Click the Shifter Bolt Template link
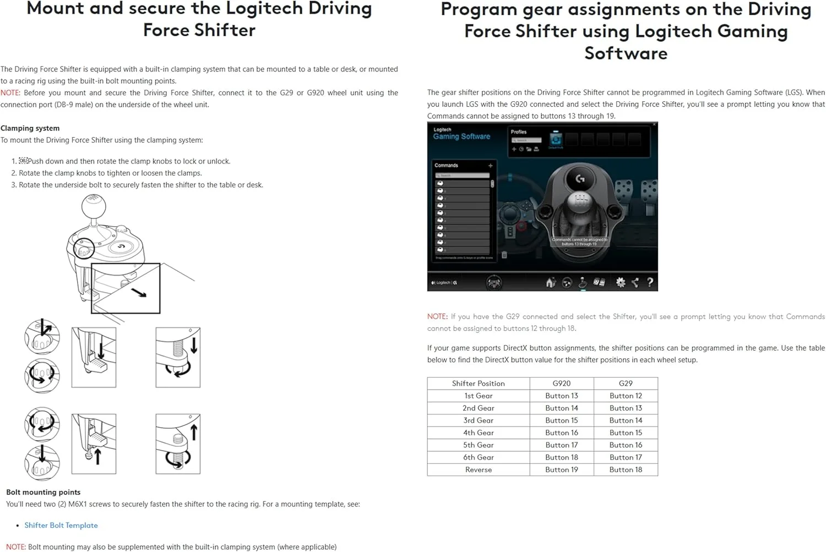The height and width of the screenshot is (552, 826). tap(61, 526)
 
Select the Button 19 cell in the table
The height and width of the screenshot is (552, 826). tap(561, 470)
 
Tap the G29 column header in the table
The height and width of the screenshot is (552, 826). tap(626, 384)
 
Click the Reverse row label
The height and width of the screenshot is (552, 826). tap(478, 470)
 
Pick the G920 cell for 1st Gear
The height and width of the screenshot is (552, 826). tap(561, 396)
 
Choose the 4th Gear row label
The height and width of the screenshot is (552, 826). tap(478, 433)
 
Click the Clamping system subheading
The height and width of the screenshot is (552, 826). tap(30, 128)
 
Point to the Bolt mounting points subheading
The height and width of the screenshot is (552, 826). tap(44, 493)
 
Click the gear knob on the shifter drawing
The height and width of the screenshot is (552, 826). tap(94, 206)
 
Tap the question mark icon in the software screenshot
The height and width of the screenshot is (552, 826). tap(650, 282)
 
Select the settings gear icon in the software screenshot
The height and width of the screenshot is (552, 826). tap(621, 282)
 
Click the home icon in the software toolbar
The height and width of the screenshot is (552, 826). tap(550, 283)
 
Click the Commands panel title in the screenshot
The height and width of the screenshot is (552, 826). tap(446, 165)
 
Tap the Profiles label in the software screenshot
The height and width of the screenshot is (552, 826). tap(518, 132)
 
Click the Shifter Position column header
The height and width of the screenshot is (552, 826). tap(478, 384)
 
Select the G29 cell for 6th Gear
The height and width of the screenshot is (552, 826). tap(626, 457)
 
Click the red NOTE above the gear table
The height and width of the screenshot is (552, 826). tap(437, 316)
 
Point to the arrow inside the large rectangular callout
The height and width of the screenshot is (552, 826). tap(139, 293)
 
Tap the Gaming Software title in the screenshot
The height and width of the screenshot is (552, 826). tap(461, 136)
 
